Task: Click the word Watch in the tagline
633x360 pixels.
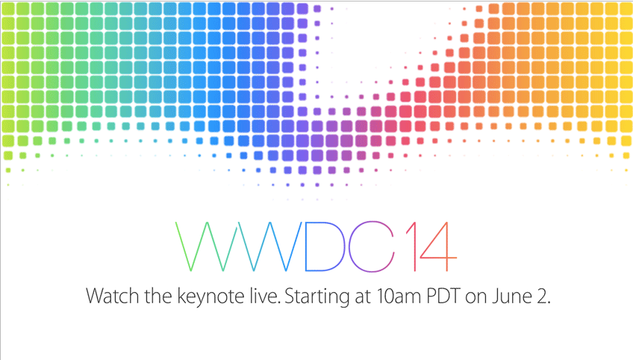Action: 113,297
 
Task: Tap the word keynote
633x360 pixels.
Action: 211,298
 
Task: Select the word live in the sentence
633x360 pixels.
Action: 264,296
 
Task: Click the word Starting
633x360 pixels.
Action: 317,298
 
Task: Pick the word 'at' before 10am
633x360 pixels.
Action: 363,297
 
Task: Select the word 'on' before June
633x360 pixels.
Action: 476,299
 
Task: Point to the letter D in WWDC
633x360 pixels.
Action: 305,246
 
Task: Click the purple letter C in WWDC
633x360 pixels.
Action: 349,246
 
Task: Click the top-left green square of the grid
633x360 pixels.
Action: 8,9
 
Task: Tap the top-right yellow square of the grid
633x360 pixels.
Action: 626,9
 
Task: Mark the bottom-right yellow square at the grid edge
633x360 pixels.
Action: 626,155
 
